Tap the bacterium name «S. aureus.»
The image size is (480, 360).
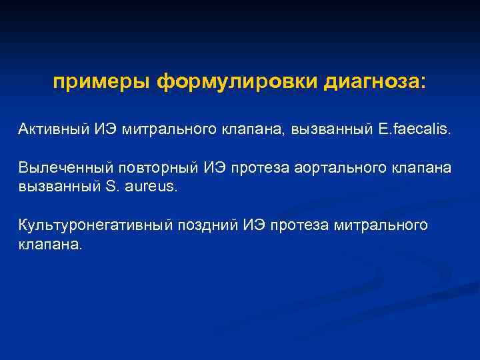[141, 186]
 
